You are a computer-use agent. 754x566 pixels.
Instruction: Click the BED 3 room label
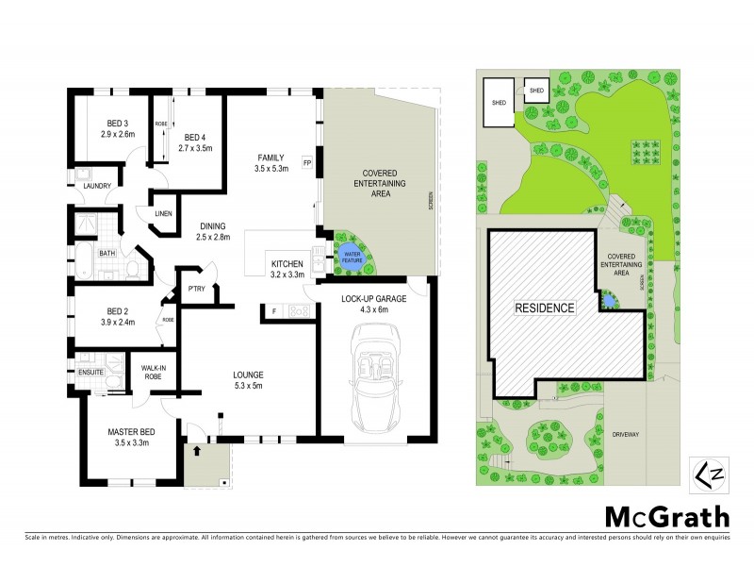pos(118,124)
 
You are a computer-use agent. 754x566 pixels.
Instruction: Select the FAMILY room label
pos(272,158)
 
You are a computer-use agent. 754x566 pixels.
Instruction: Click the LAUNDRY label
pos(97,186)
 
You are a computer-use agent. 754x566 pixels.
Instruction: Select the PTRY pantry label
pos(197,289)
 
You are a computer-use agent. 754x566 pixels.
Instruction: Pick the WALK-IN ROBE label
pos(154,372)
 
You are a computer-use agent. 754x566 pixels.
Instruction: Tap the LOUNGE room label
pos(248,374)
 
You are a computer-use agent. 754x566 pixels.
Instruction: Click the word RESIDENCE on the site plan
pos(544,308)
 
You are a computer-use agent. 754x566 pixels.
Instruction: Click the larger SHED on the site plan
pos(499,101)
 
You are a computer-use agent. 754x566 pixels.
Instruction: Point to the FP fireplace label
pos(307,162)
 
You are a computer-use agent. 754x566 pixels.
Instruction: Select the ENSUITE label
pos(92,372)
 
